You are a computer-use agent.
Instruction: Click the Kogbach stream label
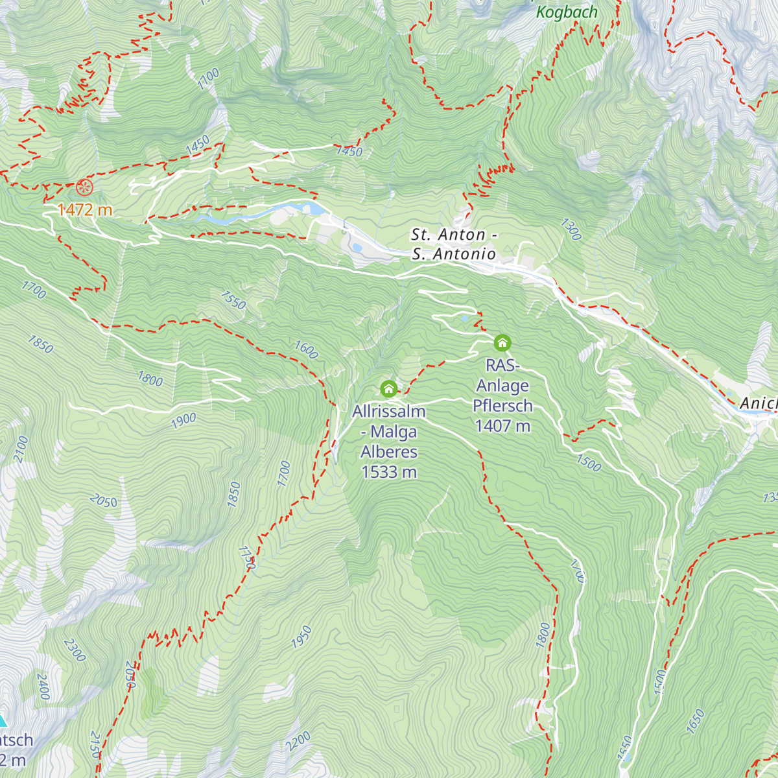coord(567,12)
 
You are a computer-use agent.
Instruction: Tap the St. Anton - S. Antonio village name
coord(454,244)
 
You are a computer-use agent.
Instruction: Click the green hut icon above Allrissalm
coord(388,388)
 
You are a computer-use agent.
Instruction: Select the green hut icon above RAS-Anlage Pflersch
coord(502,342)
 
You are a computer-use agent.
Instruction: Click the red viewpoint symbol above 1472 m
coord(84,188)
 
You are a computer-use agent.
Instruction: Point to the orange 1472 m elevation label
coord(85,210)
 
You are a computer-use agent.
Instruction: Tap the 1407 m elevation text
coord(502,426)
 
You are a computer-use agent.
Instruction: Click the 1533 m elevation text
coord(389,472)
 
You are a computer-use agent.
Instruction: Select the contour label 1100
coord(209,78)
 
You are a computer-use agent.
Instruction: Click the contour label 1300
coord(571,230)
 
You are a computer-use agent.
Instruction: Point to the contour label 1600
coord(306,349)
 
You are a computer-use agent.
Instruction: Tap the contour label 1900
coord(183,420)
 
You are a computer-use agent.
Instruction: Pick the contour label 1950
coord(301,637)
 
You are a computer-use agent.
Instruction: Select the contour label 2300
coord(75,650)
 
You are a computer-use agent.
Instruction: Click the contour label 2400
coord(43,687)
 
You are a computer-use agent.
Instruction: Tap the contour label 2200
coord(299,741)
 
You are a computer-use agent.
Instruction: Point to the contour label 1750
coord(246,558)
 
